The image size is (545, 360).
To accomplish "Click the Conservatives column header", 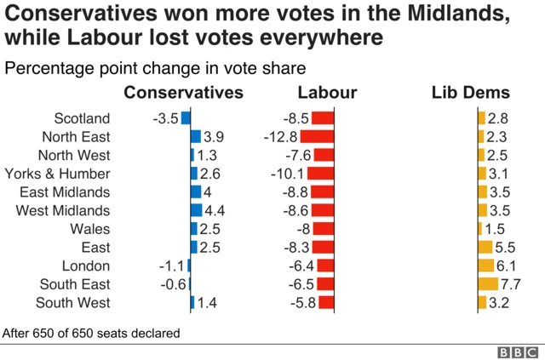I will click(x=184, y=93).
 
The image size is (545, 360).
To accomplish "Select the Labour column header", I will click(x=327, y=93).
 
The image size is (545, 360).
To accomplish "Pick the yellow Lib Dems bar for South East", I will click(x=488, y=284).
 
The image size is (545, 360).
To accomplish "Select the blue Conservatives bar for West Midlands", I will click(x=196, y=210).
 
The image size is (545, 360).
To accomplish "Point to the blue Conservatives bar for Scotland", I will click(x=186, y=118).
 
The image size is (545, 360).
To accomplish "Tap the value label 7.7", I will click(x=511, y=284).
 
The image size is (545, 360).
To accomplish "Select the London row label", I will click(x=86, y=266).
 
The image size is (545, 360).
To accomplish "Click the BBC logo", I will click(x=518, y=351).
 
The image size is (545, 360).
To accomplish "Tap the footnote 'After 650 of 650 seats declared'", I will click(x=91, y=333).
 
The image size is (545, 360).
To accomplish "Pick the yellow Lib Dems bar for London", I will click(x=485, y=266).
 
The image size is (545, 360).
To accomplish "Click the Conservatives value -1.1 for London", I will click(x=170, y=266).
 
